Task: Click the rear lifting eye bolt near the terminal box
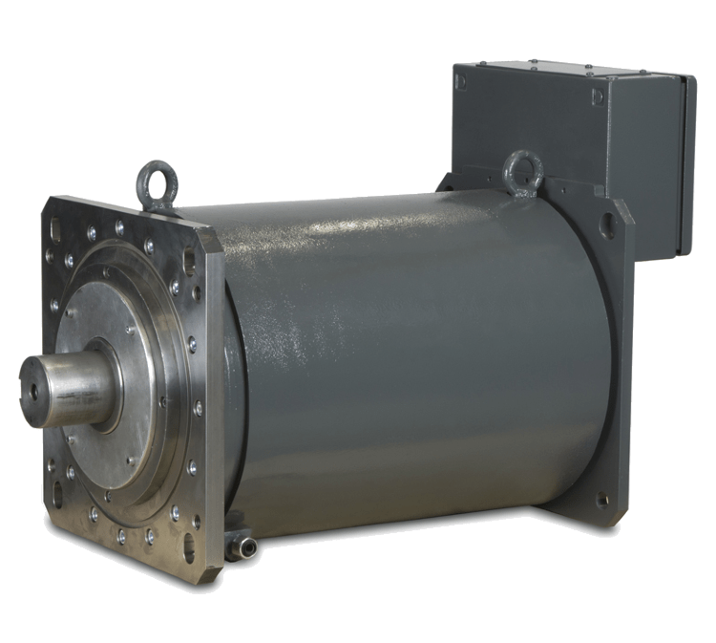(523, 172)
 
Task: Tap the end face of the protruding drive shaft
(39, 392)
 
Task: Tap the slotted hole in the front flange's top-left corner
(55, 230)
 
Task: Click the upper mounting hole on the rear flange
(607, 225)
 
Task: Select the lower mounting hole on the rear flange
(601, 499)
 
